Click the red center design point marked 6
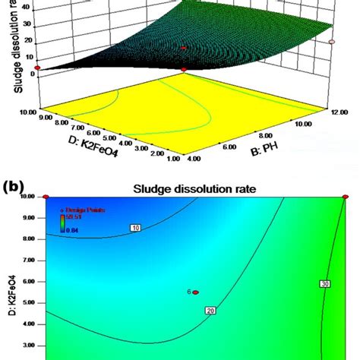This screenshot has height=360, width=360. [195, 292]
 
